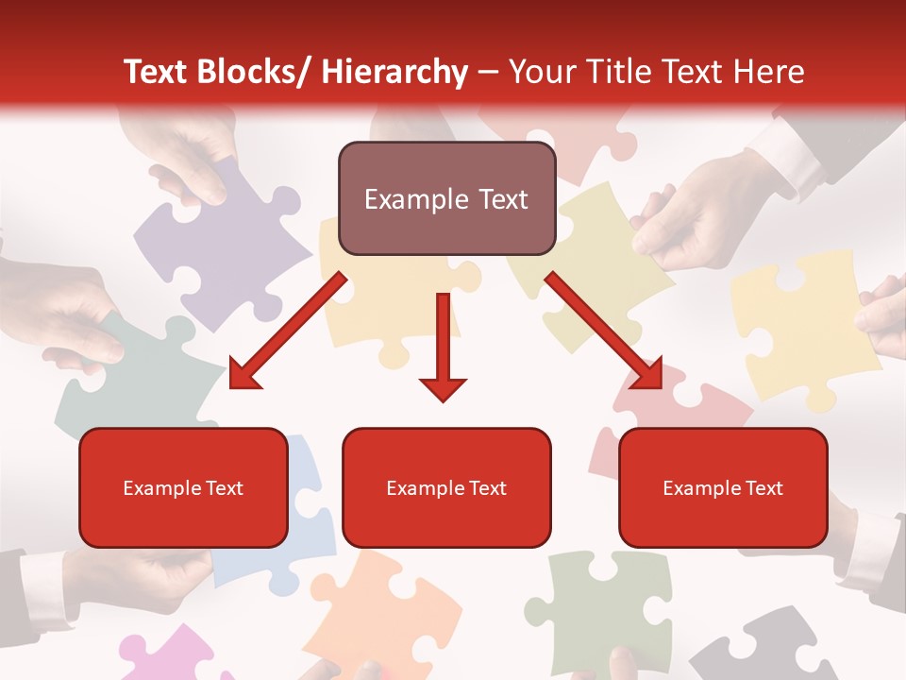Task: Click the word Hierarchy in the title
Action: (x=394, y=72)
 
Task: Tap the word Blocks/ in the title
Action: (x=259, y=72)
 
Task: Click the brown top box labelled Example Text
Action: (x=446, y=198)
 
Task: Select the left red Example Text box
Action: (x=183, y=487)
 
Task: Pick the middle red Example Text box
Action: (x=446, y=487)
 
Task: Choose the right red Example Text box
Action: (x=723, y=487)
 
